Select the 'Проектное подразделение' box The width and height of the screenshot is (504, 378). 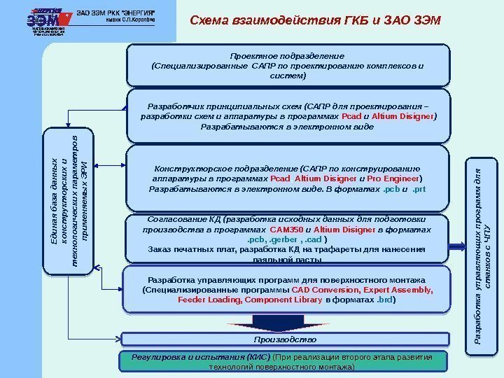point(287,64)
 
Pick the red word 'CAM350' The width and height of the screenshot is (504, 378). point(286,230)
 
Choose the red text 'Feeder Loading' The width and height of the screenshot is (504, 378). point(208,300)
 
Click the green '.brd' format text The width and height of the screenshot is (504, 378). point(384,300)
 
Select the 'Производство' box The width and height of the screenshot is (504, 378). point(285,339)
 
